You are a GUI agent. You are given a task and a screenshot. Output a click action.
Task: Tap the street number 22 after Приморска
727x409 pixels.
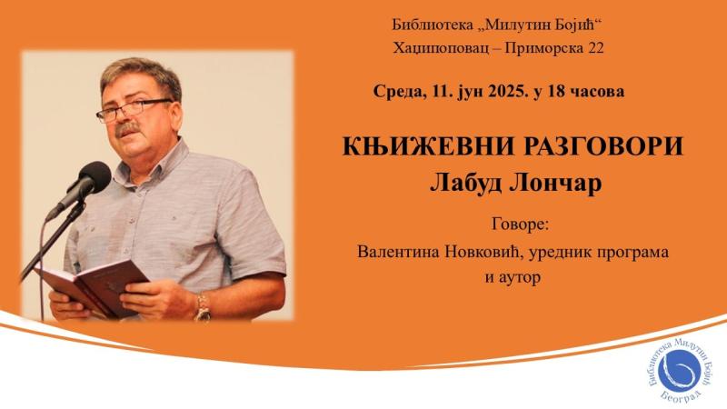596,48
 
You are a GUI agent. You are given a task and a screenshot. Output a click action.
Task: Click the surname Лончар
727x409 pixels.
556,184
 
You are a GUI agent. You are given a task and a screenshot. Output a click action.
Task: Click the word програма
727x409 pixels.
633,254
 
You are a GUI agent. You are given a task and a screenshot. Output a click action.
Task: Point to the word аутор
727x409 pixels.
520,278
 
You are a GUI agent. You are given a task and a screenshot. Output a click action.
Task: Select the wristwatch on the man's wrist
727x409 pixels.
203,306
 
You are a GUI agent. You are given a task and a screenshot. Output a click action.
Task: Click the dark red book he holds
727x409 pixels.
93,286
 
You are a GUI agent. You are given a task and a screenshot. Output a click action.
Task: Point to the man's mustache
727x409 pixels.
127,128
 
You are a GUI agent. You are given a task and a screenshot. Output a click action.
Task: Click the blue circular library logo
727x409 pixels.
678,372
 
